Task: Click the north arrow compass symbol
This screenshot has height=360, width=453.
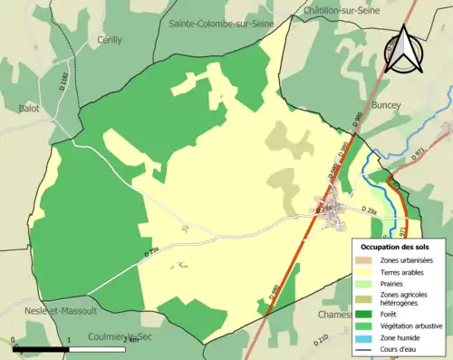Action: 406,50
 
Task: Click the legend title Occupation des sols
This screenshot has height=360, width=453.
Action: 395,247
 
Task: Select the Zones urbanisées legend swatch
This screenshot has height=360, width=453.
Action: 365,260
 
